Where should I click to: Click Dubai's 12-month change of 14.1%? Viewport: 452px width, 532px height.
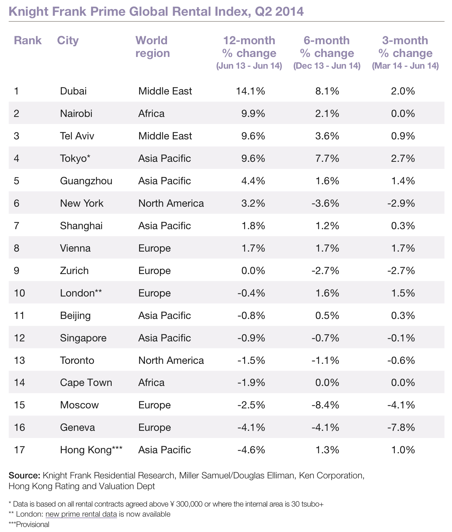[x=251, y=91]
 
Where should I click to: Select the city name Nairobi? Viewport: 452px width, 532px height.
[x=76, y=114]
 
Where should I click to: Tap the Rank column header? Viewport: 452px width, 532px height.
[x=27, y=41]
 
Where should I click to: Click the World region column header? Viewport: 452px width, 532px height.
[x=153, y=47]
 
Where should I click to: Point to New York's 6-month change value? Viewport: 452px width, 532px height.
[x=325, y=203]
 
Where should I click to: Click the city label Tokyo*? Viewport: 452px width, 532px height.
[x=75, y=158]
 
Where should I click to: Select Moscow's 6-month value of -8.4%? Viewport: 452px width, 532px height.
[x=325, y=405]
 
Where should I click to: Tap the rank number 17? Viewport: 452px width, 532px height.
[x=19, y=450]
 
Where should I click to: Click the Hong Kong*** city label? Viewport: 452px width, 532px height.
[x=91, y=450]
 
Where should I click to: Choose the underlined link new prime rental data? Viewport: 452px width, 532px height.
[x=81, y=514]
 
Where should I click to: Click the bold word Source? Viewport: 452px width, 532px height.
[x=24, y=476]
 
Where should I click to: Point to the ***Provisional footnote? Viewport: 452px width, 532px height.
[x=29, y=525]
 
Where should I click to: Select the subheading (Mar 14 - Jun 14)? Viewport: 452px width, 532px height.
[x=405, y=66]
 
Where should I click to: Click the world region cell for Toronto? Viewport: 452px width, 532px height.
[x=171, y=360]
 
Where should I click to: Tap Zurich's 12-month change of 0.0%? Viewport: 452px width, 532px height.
[x=253, y=271]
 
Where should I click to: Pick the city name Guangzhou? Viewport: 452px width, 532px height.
[x=86, y=181]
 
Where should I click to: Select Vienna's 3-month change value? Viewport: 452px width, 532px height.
[x=403, y=248]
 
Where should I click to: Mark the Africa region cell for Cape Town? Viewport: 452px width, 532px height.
[x=151, y=383]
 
